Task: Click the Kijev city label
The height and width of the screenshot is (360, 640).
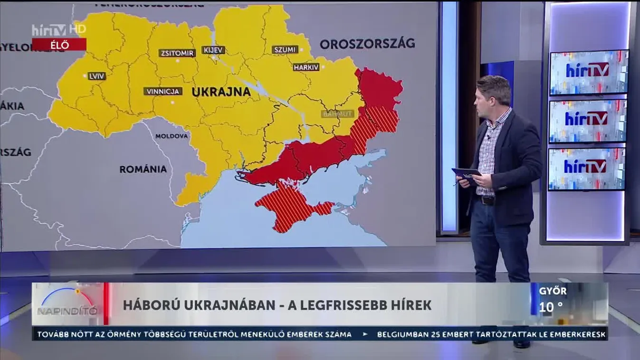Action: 213,50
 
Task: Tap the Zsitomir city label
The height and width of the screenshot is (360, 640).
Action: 177,53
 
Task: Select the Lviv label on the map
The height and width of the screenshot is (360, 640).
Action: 97,76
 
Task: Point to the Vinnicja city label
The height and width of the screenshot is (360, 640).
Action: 163,91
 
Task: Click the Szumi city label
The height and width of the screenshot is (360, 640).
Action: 285,49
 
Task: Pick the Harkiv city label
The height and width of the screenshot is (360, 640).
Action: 306,67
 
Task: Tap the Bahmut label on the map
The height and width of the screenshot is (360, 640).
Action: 338,114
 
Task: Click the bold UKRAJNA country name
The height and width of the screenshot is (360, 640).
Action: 221,92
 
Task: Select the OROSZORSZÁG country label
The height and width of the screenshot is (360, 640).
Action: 367,44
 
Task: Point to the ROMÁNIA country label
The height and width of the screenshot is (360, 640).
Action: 143,169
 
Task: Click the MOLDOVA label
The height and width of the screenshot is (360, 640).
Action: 172,136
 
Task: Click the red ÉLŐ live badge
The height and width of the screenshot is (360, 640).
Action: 59,45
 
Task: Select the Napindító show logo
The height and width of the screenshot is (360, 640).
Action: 67,304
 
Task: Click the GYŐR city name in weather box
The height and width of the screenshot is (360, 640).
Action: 553,291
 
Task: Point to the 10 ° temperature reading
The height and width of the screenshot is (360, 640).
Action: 551,307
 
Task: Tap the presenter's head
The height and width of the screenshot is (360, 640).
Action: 494,94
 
